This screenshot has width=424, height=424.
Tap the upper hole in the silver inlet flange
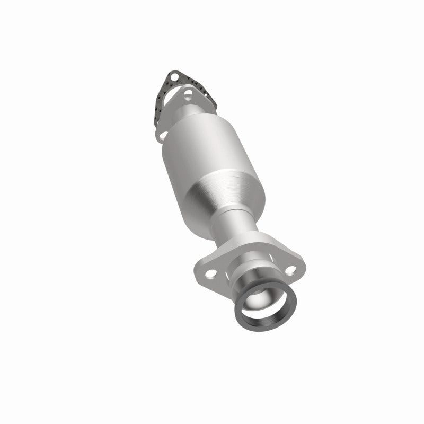(x=187, y=96)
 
